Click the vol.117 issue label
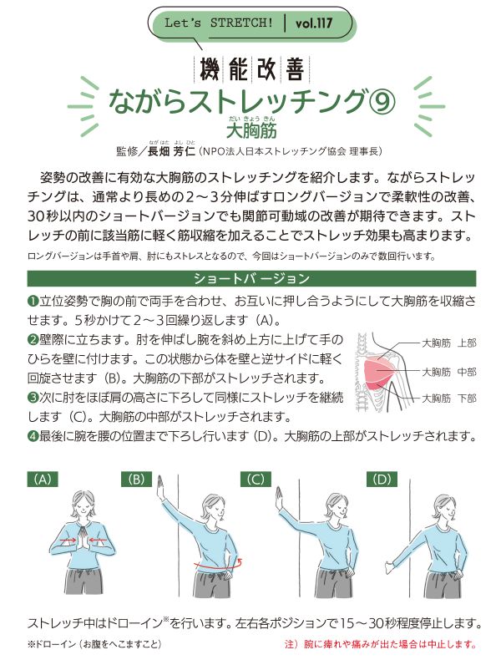tap(313, 23)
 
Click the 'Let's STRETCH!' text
tap(219, 23)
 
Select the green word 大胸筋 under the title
tap(251, 130)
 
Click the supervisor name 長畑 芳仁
tap(172, 151)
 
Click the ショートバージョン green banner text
tap(251, 278)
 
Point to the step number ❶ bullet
tap(33, 301)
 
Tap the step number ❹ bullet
tap(33, 436)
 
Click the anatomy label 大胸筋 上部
tap(449, 343)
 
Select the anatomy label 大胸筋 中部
tap(449, 372)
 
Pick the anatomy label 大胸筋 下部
tap(449, 398)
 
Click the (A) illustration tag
tap(43, 480)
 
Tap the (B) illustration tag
tap(136, 480)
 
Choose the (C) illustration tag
tap(256, 480)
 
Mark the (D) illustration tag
tap(382, 480)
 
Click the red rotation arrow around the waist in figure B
tap(218, 566)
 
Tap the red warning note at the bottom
tap(380, 644)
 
